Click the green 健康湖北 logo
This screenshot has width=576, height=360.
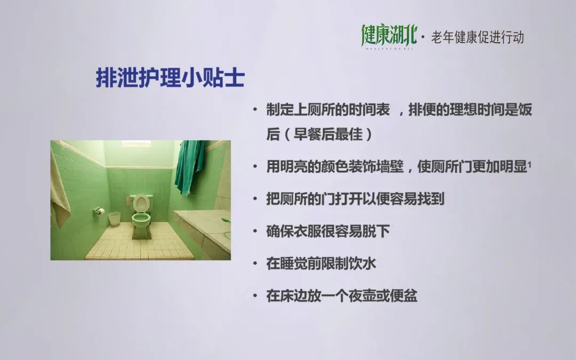tap(389, 37)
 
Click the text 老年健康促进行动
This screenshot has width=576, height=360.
tap(477, 37)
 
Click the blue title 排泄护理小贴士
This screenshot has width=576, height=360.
tap(170, 77)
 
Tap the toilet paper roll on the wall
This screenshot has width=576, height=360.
tap(99, 211)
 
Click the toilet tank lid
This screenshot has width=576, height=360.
tap(140, 197)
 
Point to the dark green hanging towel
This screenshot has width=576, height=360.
tap(189, 166)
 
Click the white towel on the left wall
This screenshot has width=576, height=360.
tap(60, 189)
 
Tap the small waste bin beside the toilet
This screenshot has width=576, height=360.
tap(115, 219)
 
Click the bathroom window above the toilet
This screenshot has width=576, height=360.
tap(137, 143)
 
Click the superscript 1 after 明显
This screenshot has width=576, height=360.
tap(530, 165)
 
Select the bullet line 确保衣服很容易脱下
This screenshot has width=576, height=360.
tap(327, 231)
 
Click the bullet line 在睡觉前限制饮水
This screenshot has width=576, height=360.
tap(321, 263)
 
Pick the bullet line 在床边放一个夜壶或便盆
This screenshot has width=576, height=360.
tap(342, 295)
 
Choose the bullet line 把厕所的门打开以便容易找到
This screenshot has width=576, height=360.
tap(355, 199)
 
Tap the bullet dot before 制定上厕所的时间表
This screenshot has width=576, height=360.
tap(255, 110)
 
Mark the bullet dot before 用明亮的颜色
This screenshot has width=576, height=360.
tap(255, 167)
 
